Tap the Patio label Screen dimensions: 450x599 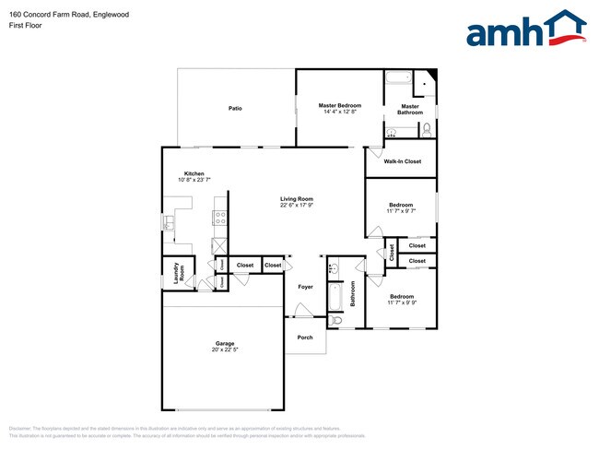235,109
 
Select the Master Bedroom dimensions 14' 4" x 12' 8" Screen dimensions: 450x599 340,112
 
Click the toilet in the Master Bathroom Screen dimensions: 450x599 426,132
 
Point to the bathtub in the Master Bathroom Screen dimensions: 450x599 400,78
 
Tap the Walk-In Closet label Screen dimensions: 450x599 403,161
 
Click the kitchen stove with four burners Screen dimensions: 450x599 221,219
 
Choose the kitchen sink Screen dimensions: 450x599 169,222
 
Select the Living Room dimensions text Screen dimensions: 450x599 297,205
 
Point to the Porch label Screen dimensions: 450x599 305,337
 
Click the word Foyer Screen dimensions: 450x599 305,287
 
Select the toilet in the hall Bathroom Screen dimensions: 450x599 335,319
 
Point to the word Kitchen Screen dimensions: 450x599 194,173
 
